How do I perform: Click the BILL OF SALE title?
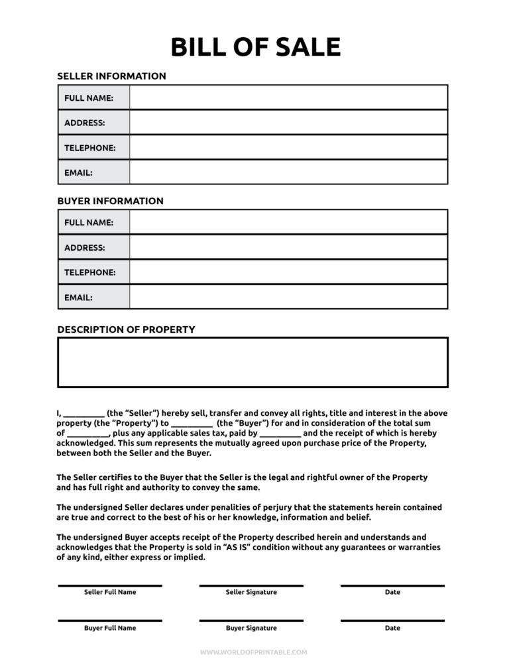[255, 47]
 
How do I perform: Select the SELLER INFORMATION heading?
[111, 76]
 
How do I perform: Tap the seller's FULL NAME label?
[88, 97]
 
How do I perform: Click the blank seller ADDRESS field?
[288, 123]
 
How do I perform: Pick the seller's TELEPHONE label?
[89, 148]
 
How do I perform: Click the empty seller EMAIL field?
[288, 172]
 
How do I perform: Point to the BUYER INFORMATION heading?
[110, 201]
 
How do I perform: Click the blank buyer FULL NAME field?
[288, 222]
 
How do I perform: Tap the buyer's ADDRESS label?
[84, 247]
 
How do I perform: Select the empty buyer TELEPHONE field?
[288, 272]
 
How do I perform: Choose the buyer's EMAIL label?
[78, 298]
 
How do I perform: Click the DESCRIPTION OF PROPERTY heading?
[126, 329]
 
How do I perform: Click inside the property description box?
[253, 362]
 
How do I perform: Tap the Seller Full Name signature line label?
[110, 592]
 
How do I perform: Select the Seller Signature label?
[251, 592]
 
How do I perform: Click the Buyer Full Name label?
[110, 628]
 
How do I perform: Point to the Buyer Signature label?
[251, 628]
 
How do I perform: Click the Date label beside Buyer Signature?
[392, 628]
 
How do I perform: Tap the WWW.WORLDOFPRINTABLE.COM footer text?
[254, 652]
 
